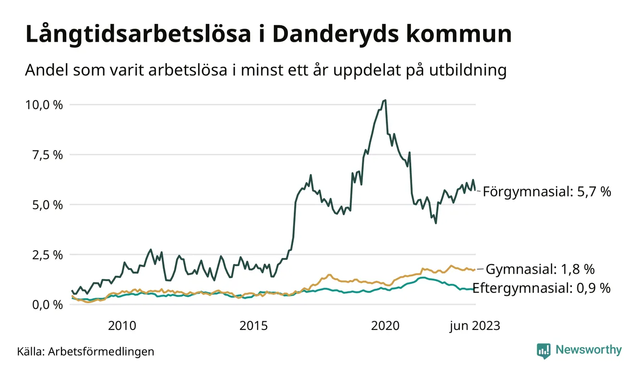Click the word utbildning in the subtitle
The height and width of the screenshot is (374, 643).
pyautogui.click(x=464, y=70)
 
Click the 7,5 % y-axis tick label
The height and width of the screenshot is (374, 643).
pyautogui.click(x=48, y=154)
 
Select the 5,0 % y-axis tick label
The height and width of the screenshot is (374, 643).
pyautogui.click(x=48, y=205)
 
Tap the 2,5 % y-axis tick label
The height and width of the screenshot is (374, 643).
pyautogui.click(x=48, y=255)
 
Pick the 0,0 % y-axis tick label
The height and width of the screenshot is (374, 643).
pyautogui.click(x=48, y=304)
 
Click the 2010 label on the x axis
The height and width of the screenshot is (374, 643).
pyautogui.click(x=122, y=326)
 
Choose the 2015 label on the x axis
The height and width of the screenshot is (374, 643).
pyautogui.click(x=254, y=326)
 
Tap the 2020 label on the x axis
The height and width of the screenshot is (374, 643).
pyautogui.click(x=385, y=326)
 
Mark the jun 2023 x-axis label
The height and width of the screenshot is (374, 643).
pyautogui.click(x=475, y=326)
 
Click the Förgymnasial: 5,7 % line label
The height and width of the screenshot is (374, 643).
pyautogui.click(x=547, y=192)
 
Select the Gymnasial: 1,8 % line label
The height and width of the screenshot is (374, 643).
pyautogui.click(x=548, y=269)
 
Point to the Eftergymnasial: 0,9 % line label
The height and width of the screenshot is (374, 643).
pyautogui.click(x=541, y=288)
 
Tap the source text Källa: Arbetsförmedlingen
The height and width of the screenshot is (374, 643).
pyautogui.click(x=85, y=351)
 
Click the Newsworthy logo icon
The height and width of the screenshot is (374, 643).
pyautogui.click(x=544, y=350)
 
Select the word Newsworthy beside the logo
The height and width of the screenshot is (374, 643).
pyautogui.click(x=588, y=350)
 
